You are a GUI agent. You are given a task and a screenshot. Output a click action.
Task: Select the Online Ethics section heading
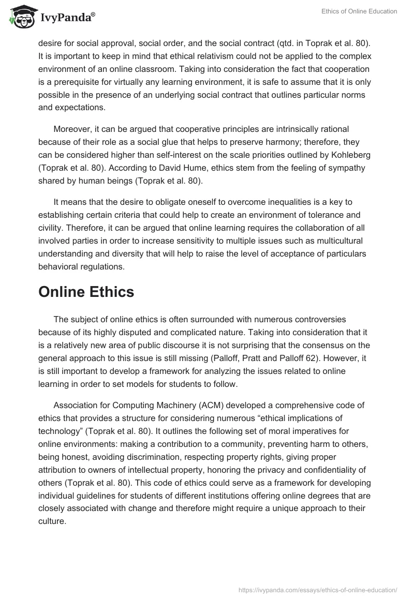pyautogui.click(x=86, y=292)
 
